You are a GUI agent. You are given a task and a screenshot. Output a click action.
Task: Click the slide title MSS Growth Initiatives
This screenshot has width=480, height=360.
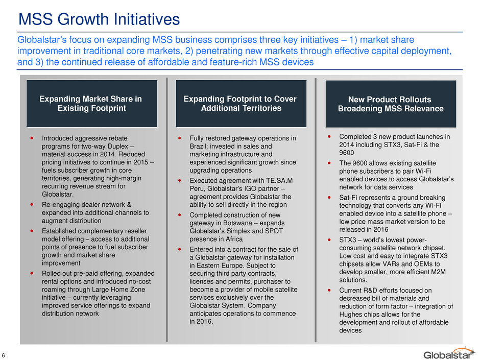click(99, 19)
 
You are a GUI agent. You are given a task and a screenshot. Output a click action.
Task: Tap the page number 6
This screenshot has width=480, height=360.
click(3, 355)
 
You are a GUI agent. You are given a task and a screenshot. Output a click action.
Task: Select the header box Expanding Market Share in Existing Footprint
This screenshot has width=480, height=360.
click(92, 104)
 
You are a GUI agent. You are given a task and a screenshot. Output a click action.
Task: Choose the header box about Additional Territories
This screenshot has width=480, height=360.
click(241, 104)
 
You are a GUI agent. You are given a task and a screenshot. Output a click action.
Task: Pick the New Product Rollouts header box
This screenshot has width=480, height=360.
click(391, 104)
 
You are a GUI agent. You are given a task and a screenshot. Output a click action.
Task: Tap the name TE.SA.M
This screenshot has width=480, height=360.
click(279, 181)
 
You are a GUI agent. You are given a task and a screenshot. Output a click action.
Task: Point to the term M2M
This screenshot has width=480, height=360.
click(438, 272)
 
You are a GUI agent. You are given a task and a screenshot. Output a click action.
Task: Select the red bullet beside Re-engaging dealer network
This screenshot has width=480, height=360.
click(32, 204)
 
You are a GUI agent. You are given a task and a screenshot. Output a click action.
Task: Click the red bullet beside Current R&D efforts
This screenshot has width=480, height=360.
click(329, 290)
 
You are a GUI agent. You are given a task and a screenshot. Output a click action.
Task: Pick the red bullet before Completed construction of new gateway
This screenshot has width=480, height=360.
click(179, 215)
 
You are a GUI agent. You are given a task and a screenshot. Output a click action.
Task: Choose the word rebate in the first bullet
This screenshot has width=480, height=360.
click(117, 138)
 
